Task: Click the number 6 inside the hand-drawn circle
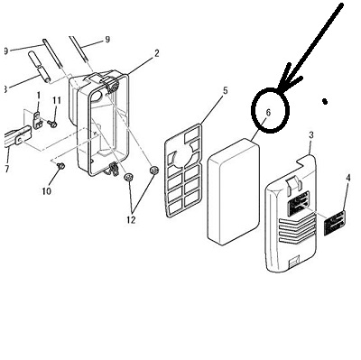(268, 113)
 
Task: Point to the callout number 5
(226, 90)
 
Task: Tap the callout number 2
(157, 53)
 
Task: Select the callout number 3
(311, 135)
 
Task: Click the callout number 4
(348, 178)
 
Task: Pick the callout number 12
(131, 220)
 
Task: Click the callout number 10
(46, 191)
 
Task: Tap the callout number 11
(57, 100)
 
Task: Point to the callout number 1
(39, 96)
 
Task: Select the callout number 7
(7, 169)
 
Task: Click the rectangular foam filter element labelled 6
(234, 191)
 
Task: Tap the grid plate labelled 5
(183, 171)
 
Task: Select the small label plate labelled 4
(335, 223)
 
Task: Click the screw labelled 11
(53, 124)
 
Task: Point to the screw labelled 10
(61, 165)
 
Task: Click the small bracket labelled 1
(37, 120)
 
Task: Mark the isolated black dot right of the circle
(325, 102)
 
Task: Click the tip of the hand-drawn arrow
(279, 89)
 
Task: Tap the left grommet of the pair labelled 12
(129, 177)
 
